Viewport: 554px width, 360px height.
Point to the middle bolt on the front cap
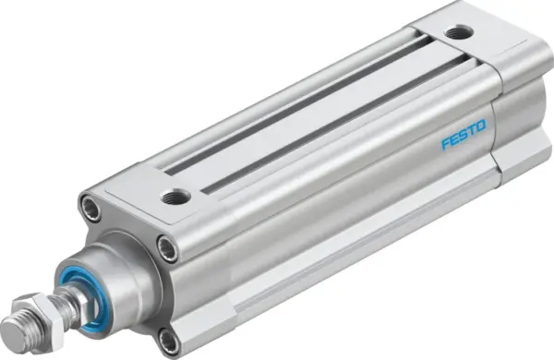[166, 246]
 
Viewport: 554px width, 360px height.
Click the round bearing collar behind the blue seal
[129, 277]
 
